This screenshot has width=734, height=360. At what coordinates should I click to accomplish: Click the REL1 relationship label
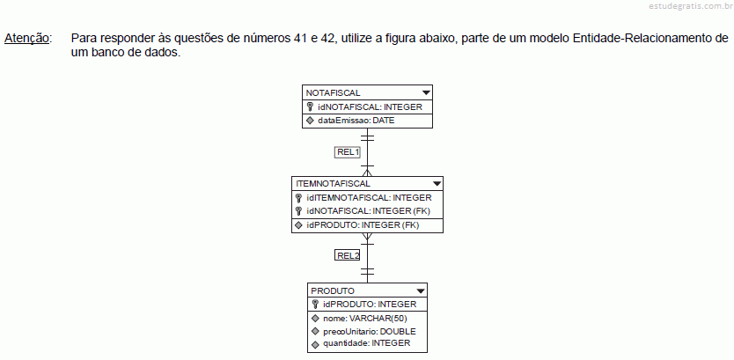pos(348,152)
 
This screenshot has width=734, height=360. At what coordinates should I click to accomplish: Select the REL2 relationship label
pos(348,255)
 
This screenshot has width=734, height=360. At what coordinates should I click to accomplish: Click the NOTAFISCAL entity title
pos(333,92)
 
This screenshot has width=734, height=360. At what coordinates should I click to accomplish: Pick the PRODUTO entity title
pos(333,290)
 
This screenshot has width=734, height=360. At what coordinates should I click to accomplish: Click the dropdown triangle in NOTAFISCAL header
pos(426,92)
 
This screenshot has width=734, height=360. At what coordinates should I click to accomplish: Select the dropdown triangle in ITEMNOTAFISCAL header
pos(437,183)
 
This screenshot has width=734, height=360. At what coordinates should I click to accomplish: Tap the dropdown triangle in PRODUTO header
pos(421,290)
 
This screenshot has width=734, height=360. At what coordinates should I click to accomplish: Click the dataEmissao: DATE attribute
pos(356,121)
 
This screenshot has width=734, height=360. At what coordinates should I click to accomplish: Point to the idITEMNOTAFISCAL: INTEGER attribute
pos(369,197)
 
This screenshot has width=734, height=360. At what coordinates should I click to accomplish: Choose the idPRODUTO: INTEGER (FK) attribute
pos(363,225)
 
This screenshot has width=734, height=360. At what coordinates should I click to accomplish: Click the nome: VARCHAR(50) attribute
pos(365,319)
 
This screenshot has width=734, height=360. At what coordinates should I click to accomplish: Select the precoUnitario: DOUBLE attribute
pos(370,332)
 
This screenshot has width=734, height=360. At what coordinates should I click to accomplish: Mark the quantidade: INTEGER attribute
pos(366,343)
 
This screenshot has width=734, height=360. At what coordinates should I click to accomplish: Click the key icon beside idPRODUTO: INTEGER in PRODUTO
pos(315,305)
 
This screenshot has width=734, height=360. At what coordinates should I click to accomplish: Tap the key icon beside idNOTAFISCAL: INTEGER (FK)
pos(298,211)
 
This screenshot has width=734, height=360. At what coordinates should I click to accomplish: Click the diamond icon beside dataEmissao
pos(310,121)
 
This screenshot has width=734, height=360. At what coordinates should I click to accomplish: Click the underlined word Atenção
pos(26,39)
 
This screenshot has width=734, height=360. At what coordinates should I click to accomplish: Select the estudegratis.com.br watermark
pos(691,6)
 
